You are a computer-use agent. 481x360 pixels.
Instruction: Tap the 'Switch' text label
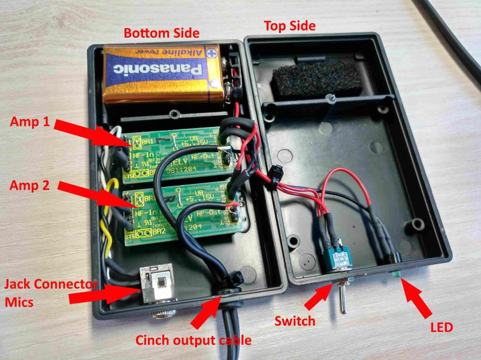click(294, 321)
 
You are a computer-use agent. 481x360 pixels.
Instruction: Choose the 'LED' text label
click(441, 328)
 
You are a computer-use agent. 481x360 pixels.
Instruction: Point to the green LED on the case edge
click(396, 275)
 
